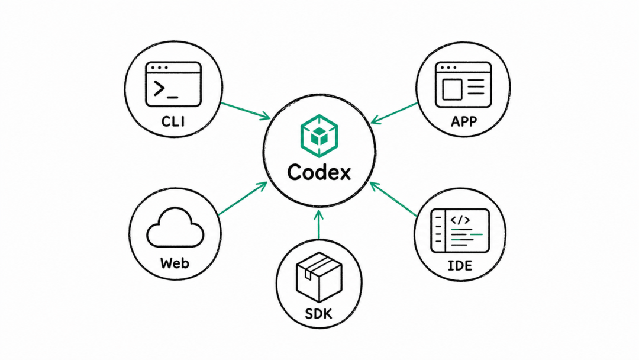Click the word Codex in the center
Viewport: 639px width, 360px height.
tap(319, 172)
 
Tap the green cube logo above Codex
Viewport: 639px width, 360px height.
tap(319, 136)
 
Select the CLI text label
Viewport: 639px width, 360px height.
tap(173, 121)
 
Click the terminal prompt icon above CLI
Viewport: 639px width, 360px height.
tap(173, 85)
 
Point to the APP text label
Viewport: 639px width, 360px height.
tap(464, 121)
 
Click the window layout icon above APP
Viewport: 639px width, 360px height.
tap(463, 85)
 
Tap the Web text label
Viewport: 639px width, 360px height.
tap(175, 263)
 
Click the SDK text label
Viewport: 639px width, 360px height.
tap(318, 314)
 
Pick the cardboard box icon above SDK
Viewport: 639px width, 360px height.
tap(319, 277)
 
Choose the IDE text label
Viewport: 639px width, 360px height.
tap(460, 265)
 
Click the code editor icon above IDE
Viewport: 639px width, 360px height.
tap(460, 231)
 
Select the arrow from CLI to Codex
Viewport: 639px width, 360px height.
tap(246, 111)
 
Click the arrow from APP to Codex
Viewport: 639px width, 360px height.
tap(394, 113)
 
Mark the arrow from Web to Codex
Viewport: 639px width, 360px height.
tap(243, 198)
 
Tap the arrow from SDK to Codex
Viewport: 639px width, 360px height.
tap(319, 224)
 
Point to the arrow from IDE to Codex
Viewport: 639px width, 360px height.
tap(393, 199)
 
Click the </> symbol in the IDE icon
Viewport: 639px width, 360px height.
tap(460, 220)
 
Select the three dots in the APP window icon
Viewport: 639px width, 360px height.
tap(448, 67)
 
